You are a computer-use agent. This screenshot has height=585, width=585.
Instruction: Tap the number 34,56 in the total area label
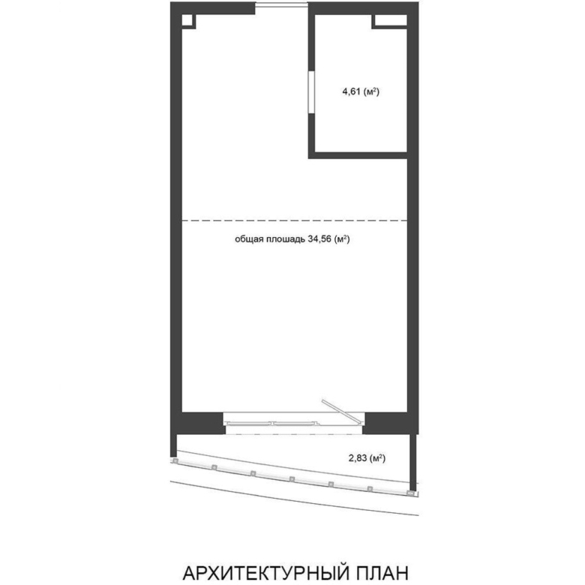319,239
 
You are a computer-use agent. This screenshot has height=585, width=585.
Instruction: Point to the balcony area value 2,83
358,457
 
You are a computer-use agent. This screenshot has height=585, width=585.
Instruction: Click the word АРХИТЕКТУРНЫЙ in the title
266,573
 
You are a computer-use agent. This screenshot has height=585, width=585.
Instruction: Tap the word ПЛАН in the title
382,573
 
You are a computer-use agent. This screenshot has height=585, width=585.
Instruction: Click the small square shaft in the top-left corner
188,21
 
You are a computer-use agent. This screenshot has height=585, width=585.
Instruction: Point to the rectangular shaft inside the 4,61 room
390,21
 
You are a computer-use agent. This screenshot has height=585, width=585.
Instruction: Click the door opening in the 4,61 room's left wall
311,92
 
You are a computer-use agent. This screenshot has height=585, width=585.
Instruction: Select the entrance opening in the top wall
282,4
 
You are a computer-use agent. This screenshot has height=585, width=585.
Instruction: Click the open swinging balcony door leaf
342,412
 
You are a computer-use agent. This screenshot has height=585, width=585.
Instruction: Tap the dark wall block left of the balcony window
199,423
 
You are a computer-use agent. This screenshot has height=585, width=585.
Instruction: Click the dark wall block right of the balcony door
390,423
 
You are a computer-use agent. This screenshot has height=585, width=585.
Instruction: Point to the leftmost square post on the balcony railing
175,461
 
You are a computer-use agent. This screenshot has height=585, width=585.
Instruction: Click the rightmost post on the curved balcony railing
412,493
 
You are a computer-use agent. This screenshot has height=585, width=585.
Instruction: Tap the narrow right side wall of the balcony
412,462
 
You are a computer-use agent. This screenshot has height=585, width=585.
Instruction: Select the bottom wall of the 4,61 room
358,155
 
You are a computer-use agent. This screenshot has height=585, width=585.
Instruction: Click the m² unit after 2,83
377,457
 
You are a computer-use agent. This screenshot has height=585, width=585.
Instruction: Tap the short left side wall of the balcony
173,445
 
